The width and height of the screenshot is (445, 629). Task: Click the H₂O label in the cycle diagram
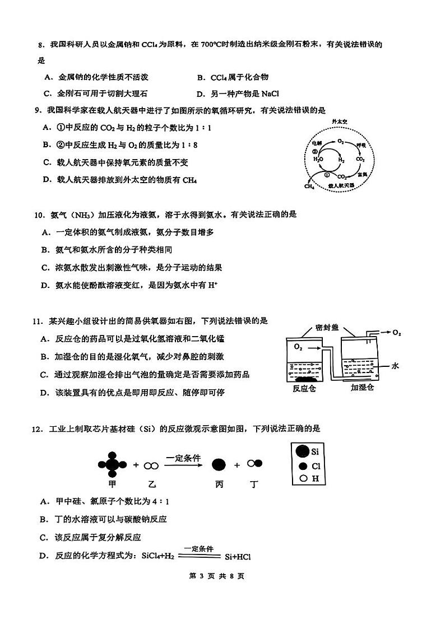(318, 159)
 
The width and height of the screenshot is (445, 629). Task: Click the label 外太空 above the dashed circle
(340, 121)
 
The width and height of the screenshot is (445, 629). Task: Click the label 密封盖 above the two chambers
(327, 328)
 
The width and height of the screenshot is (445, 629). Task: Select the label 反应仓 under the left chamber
(304, 388)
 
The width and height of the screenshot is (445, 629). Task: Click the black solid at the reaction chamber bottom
(305, 379)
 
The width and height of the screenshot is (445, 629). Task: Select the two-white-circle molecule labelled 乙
(150, 465)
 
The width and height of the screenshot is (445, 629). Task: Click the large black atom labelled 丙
(219, 464)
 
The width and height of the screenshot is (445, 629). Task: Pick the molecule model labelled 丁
(254, 464)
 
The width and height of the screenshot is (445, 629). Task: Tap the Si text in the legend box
(315, 451)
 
